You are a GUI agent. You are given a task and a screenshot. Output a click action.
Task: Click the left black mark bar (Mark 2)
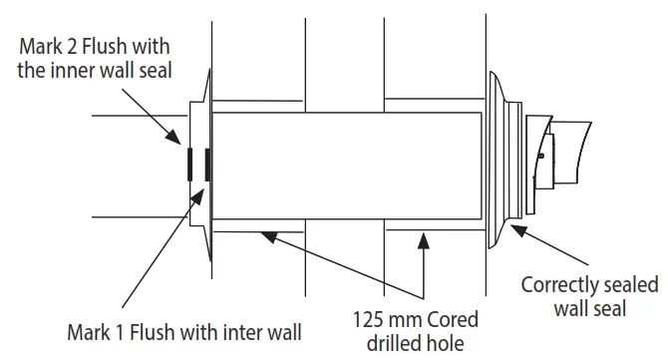tap(188, 165)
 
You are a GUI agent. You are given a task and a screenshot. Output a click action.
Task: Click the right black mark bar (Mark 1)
tap(207, 165)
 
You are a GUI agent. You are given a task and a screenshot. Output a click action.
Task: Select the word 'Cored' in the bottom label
tap(453, 321)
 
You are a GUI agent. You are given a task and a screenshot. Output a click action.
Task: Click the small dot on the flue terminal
tap(539, 156)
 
